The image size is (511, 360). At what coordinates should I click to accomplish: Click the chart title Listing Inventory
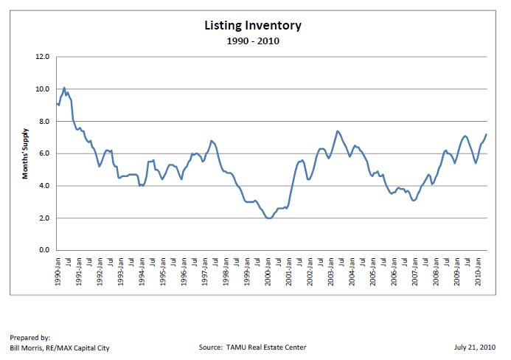click(252, 26)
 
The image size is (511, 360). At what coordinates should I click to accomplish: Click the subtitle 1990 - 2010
click(252, 41)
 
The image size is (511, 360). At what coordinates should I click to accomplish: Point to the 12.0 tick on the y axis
click(42, 57)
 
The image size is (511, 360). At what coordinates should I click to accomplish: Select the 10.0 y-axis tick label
click(42, 89)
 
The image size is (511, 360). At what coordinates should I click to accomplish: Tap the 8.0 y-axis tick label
click(43, 122)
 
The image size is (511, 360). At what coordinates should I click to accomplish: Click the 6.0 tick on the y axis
click(43, 153)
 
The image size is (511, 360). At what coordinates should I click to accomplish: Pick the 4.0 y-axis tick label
click(43, 186)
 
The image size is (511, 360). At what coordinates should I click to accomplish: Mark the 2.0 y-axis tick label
click(43, 218)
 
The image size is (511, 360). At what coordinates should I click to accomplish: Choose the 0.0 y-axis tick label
click(43, 251)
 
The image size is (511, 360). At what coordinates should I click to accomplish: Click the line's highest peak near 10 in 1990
click(64, 88)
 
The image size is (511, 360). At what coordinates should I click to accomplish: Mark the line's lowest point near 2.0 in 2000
click(268, 218)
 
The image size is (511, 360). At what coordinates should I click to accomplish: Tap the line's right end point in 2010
click(487, 134)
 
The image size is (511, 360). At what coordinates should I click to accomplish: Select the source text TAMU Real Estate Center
click(252, 347)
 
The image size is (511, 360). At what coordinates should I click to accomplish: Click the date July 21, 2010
click(478, 347)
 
